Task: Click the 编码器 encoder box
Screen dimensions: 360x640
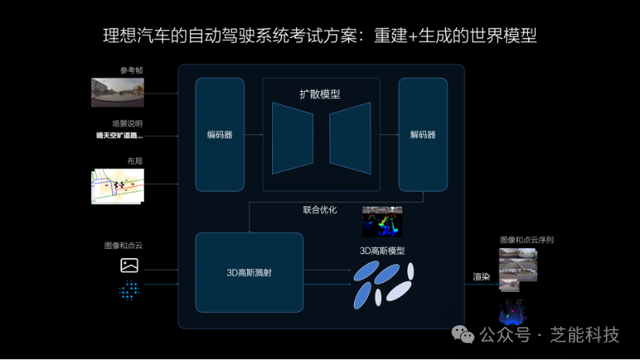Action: (x=220, y=134)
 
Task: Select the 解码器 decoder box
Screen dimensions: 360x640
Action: (x=423, y=134)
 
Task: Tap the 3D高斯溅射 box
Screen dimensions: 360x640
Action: (x=249, y=272)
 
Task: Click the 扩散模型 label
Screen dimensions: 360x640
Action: (x=320, y=94)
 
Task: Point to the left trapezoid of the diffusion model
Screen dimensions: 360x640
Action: (x=292, y=138)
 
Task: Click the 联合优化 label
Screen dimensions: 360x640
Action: (x=320, y=209)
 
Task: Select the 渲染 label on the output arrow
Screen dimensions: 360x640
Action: (x=482, y=276)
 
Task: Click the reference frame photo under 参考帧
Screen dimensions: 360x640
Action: (x=117, y=92)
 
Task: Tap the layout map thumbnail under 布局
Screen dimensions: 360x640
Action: (x=117, y=186)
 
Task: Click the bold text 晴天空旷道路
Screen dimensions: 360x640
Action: (x=119, y=136)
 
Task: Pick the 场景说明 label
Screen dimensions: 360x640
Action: (x=128, y=123)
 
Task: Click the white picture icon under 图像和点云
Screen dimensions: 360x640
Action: (x=129, y=266)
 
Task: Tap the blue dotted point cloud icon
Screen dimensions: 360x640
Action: (x=129, y=290)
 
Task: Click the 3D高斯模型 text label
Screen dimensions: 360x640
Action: (x=382, y=251)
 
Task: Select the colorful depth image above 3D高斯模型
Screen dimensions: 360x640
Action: (x=382, y=222)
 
